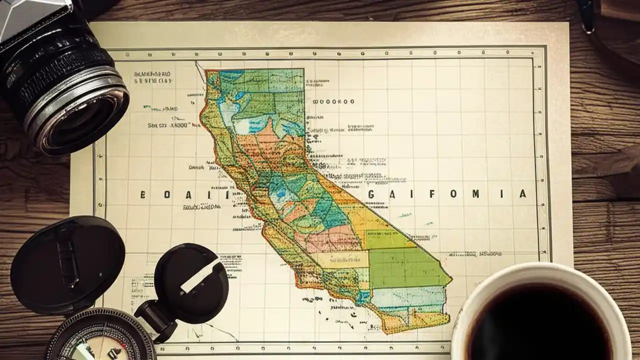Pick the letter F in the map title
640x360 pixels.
(x=431, y=194)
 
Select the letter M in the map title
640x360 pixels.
(x=475, y=194)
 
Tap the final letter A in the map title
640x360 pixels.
(x=522, y=194)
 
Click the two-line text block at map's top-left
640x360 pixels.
(x=153, y=76)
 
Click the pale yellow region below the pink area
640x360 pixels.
(x=340, y=259)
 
